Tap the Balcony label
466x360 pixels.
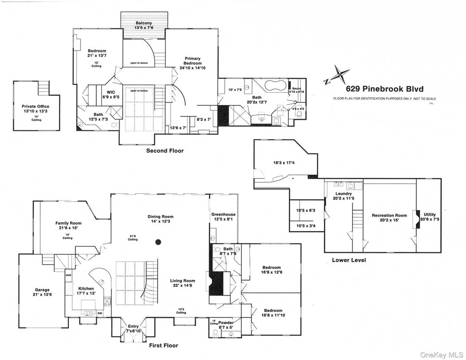tap(144, 25)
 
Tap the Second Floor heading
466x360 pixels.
tap(165, 151)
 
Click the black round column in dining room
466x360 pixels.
tap(158, 242)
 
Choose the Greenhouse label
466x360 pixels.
tap(223, 217)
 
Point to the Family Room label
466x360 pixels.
tap(68, 225)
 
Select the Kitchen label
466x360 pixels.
tap(86, 291)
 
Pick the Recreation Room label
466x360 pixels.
tap(389, 218)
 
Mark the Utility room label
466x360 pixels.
tap(430, 217)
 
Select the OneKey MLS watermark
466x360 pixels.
tap(442, 353)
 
